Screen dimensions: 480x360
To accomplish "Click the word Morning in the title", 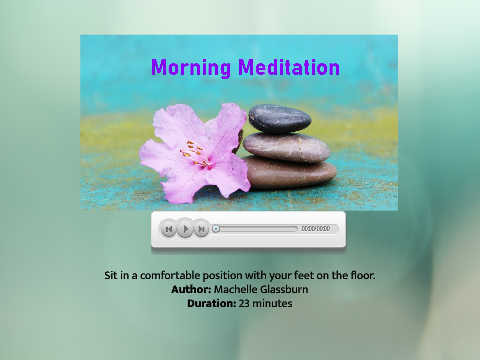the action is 191,68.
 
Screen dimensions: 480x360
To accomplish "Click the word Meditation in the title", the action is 289,67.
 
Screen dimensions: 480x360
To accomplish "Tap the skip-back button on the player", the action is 169,229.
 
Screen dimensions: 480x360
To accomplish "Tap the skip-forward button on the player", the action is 201,229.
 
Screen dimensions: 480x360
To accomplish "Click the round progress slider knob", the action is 216,229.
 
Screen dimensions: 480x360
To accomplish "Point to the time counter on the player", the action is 316,229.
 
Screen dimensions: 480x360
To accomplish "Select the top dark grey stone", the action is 280,118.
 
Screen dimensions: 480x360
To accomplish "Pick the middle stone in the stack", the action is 287,147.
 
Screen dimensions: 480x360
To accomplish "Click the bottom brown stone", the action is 291,173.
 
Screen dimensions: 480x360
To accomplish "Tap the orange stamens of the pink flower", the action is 196,154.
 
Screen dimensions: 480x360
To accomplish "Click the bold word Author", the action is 191,289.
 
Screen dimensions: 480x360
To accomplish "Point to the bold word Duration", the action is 212,303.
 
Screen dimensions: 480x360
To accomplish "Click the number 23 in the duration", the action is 244,303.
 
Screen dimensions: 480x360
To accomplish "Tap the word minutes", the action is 272,303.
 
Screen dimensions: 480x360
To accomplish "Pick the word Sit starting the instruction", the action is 110,275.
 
